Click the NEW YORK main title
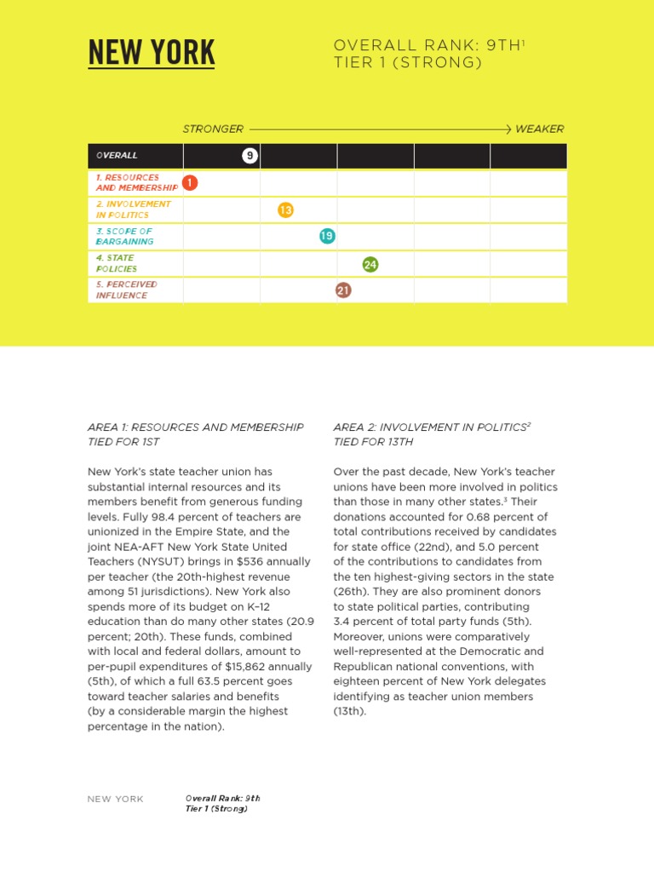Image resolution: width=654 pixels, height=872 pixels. click(152, 53)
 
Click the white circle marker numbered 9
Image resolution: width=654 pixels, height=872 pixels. click(250, 156)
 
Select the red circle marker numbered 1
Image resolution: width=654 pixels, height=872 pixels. click(190, 182)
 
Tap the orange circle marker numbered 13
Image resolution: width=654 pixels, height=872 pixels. click(286, 209)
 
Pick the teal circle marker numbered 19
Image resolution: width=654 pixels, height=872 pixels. click(327, 236)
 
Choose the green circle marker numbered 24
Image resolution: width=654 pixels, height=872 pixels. click(370, 264)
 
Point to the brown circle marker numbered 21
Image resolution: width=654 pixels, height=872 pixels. click(343, 290)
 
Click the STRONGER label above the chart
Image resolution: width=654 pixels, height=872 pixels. click(213, 129)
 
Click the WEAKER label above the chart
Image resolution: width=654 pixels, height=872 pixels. click(539, 129)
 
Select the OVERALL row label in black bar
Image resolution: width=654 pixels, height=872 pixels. click(117, 156)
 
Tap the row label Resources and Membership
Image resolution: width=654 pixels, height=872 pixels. click(136, 182)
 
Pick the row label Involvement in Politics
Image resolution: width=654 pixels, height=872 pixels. click(133, 209)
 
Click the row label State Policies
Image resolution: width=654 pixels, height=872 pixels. click(116, 263)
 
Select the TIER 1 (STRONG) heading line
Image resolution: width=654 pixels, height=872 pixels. click(408, 62)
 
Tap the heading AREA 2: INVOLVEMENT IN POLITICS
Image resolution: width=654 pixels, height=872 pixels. click(430, 427)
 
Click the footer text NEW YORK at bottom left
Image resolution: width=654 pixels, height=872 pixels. click(116, 799)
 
